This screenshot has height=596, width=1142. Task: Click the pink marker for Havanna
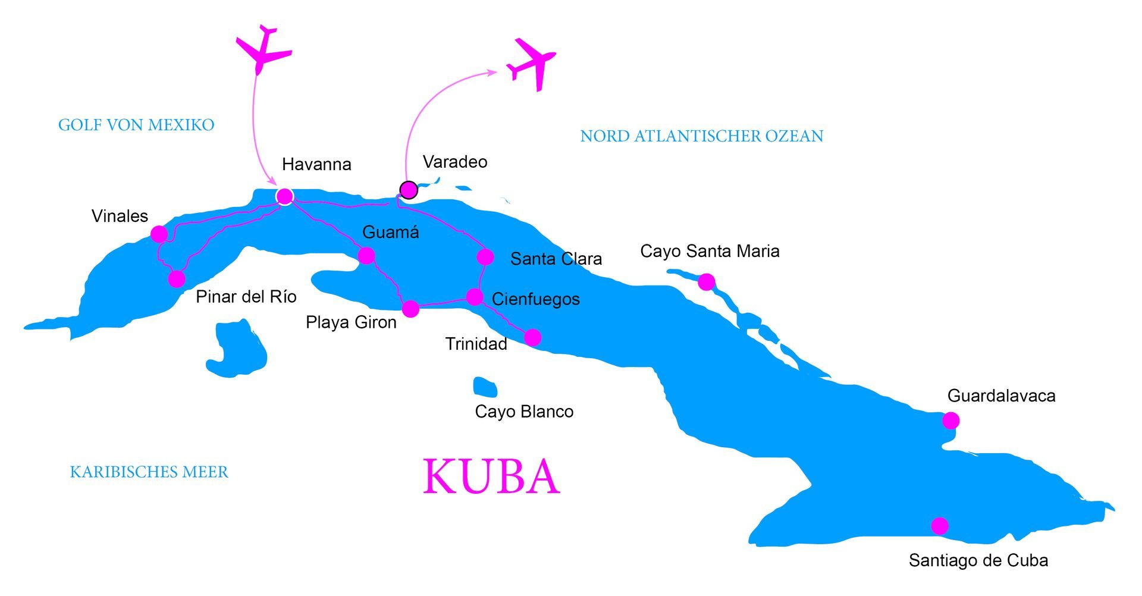pyautogui.click(x=285, y=196)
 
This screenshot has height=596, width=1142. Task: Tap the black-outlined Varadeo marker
pyautogui.click(x=409, y=190)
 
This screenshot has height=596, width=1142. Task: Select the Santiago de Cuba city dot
pyautogui.click(x=940, y=526)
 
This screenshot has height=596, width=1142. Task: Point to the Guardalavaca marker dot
pyautogui.click(x=951, y=421)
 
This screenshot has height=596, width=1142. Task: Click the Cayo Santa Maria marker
pyautogui.click(x=707, y=281)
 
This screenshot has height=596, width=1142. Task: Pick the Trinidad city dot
pyautogui.click(x=532, y=337)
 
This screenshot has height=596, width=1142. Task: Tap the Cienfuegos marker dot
pyautogui.click(x=474, y=297)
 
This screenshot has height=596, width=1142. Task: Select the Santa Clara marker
pyautogui.click(x=485, y=257)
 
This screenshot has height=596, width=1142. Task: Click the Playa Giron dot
pyautogui.click(x=410, y=309)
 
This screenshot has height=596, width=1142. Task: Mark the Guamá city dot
pyautogui.click(x=366, y=256)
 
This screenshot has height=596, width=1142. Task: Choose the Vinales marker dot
pyautogui.click(x=159, y=234)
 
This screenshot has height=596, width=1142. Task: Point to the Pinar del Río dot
pyautogui.click(x=177, y=279)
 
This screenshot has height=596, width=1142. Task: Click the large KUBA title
pyautogui.click(x=491, y=477)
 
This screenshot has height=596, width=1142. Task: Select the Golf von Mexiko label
pyautogui.click(x=136, y=125)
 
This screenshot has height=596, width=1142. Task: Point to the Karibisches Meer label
pyautogui.click(x=149, y=472)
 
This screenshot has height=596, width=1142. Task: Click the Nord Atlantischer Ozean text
pyautogui.click(x=702, y=136)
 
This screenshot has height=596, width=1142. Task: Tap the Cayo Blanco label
pyautogui.click(x=524, y=412)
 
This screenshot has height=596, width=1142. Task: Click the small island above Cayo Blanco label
pyautogui.click(x=485, y=387)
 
